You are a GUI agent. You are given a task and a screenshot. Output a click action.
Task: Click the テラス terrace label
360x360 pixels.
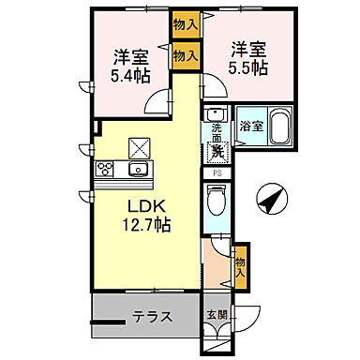[x=151, y=316]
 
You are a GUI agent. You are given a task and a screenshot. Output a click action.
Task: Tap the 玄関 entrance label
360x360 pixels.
[x=215, y=315]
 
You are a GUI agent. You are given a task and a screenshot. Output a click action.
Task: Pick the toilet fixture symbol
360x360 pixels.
[x=215, y=200]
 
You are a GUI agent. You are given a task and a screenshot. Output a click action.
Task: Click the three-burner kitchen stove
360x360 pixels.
[x=104, y=170]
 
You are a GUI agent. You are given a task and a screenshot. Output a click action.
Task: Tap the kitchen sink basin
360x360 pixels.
[x=139, y=170]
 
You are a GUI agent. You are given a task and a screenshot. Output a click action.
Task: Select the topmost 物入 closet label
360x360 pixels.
[x=186, y=23]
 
